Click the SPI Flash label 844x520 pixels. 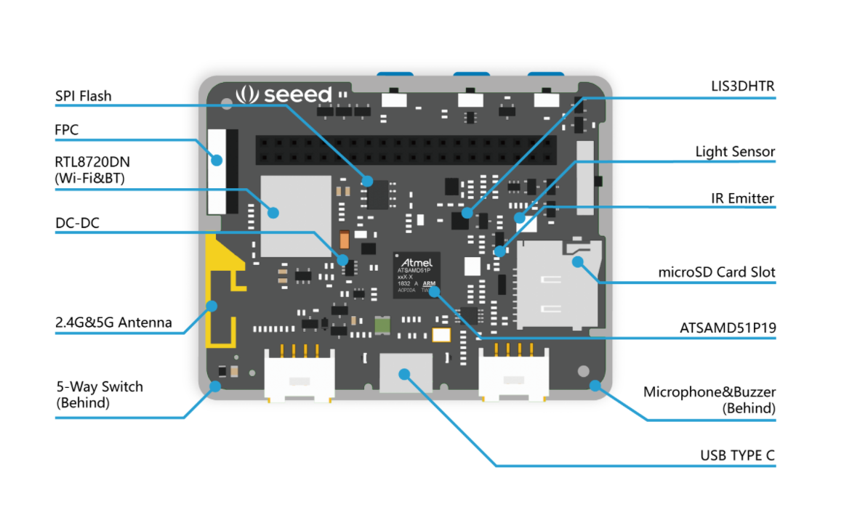tap(84, 97)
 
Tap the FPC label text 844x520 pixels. tap(67, 130)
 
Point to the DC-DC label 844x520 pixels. tap(77, 223)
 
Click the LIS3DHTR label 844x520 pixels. tap(742, 86)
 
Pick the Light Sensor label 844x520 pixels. tap(735, 152)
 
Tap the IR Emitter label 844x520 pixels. tap(742, 198)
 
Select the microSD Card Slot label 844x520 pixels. tap(717, 272)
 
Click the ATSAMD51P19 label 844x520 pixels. tap(728, 328)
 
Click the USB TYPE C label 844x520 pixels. tap(737, 456)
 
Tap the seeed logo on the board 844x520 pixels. tap(284, 94)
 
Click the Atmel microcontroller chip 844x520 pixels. tap(417, 275)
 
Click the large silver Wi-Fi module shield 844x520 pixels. tap(290, 215)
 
